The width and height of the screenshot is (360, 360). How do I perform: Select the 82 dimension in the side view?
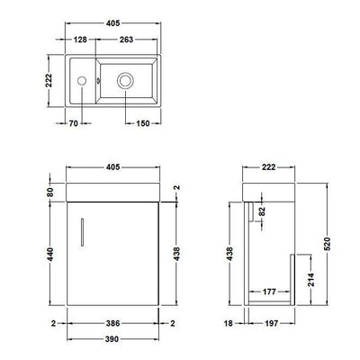pos(263,212)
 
